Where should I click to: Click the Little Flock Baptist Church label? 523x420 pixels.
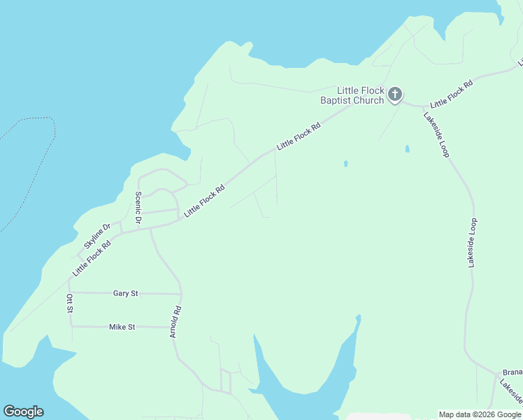(360, 95)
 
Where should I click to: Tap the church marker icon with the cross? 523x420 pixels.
(395, 94)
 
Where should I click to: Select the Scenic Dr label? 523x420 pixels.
(138, 209)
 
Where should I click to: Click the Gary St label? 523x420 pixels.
(125, 293)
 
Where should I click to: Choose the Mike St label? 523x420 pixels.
(122, 327)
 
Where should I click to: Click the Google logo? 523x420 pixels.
(23, 412)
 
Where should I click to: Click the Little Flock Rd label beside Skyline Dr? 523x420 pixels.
(92, 258)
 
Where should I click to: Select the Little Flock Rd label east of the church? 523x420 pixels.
(452, 93)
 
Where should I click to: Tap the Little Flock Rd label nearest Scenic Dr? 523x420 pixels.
(204, 200)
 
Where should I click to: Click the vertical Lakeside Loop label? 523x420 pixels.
(473, 242)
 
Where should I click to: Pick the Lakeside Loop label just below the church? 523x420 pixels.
(436, 134)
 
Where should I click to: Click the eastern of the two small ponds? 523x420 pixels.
(407, 148)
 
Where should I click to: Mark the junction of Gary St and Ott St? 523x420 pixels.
(70, 292)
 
